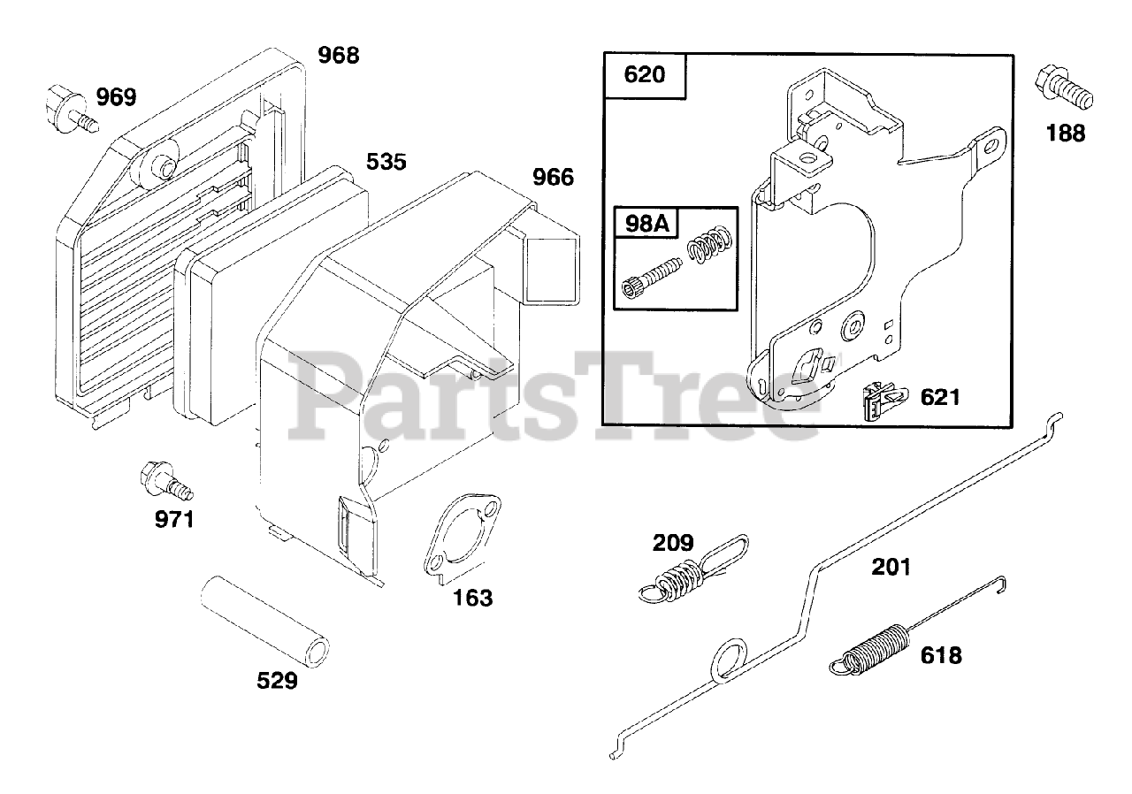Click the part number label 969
117,96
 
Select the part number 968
339,55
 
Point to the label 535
386,162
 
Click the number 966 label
553,178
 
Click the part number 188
1066,134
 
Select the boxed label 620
645,74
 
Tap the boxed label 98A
646,225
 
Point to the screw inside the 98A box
654,278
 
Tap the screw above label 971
164,480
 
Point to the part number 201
891,566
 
